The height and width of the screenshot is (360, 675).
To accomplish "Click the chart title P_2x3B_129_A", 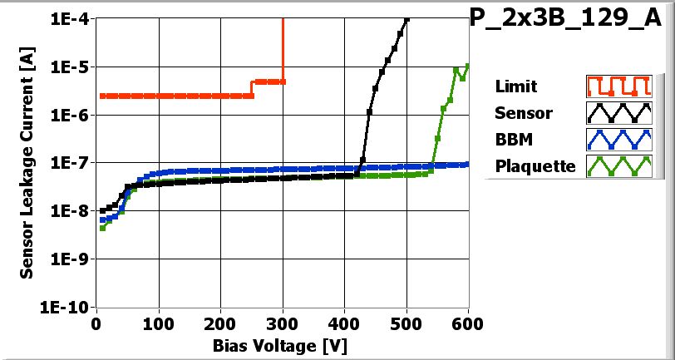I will pos(572,19).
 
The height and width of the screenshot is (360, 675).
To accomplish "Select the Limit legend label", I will pos(515,86).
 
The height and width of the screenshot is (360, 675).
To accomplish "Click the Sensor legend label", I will pos(523,113).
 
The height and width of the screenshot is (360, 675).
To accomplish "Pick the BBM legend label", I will pos(511,140).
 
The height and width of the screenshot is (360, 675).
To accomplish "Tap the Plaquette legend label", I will pos(535,166).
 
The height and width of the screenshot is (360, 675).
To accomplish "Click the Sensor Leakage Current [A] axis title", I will pos(27,162).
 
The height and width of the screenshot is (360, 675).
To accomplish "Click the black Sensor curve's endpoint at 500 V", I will pos(406,20).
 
